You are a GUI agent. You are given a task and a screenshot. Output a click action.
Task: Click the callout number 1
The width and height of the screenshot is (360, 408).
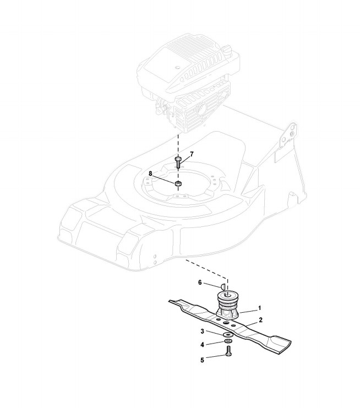(x=259, y=308)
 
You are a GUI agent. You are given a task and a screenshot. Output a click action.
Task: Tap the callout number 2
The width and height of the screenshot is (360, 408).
(x=260, y=320)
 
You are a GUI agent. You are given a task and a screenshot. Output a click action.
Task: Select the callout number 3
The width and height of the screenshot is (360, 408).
(x=202, y=331)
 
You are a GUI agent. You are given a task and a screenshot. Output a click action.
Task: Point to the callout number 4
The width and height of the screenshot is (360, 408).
(x=202, y=345)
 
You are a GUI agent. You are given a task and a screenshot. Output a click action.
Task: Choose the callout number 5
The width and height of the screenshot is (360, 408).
(x=202, y=360)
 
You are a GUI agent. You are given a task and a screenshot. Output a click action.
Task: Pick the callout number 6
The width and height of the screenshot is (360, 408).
(x=200, y=282)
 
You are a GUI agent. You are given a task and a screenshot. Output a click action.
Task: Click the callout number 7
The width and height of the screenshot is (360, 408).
(x=192, y=154)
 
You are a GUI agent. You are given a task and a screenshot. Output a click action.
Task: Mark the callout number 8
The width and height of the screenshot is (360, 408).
(x=150, y=173)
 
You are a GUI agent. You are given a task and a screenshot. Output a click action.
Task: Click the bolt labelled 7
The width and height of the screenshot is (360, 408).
(x=178, y=162)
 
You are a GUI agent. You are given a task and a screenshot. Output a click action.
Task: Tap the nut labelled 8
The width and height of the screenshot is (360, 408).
(x=178, y=183)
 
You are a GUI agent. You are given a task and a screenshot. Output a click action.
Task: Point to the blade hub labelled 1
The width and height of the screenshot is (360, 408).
(x=231, y=304)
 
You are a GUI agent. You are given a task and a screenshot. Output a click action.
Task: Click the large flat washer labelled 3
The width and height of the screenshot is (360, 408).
(x=228, y=334)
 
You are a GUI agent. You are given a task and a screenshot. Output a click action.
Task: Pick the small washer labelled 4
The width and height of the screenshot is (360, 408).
(x=228, y=344)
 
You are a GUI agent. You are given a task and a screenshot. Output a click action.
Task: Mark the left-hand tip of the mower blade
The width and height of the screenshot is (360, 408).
(x=172, y=301)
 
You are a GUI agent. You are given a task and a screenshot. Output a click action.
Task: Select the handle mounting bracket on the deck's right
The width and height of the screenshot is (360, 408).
(x=288, y=138)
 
